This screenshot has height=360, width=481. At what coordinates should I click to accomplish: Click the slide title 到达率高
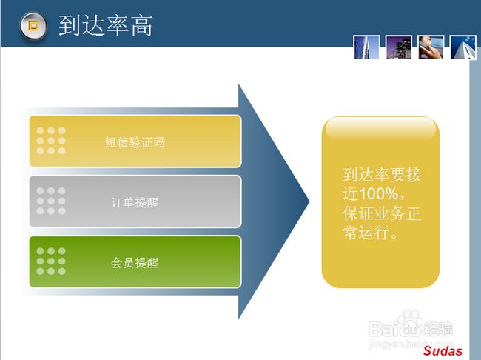[106, 26]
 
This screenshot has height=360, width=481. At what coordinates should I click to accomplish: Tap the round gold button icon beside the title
[33, 26]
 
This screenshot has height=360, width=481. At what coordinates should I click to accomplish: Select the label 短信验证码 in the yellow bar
[135, 142]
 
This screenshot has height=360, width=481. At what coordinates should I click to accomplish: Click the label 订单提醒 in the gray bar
[135, 202]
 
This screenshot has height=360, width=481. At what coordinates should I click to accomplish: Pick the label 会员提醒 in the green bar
[135, 263]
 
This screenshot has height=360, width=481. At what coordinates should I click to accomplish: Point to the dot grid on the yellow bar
[51, 141]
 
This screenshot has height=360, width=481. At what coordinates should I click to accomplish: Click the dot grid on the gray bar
[51, 201]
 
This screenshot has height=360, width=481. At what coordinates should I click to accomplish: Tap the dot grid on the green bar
[51, 261]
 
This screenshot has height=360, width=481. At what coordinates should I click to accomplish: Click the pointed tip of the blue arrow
[309, 201]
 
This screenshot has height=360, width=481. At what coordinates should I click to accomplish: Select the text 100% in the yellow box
[379, 194]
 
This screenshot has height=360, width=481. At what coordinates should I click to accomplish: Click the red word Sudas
[443, 351]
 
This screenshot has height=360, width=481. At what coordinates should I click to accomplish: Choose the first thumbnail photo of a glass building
[366, 47]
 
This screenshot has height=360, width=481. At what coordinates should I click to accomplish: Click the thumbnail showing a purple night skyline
[398, 47]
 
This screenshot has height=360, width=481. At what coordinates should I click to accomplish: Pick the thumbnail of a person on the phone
[431, 47]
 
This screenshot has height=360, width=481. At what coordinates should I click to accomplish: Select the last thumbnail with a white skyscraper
[463, 47]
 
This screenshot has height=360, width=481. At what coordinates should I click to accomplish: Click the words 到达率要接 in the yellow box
[383, 175]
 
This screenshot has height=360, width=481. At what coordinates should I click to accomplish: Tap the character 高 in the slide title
[142, 26]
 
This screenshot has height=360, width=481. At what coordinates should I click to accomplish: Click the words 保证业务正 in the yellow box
[383, 213]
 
